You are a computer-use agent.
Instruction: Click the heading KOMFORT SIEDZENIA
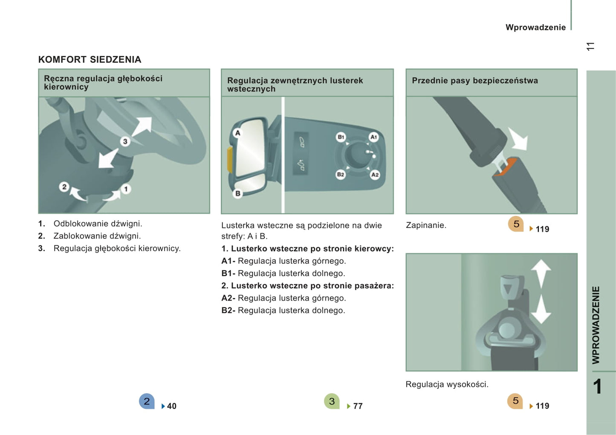click(90, 60)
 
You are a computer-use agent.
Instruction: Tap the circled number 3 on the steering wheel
click(125, 141)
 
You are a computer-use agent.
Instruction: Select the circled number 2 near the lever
click(64, 187)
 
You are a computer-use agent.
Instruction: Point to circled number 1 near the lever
click(126, 189)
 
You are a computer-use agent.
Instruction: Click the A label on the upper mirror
click(238, 133)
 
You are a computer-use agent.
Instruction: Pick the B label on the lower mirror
click(238, 193)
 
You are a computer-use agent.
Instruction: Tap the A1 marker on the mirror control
click(373, 137)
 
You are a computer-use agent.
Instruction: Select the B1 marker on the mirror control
click(341, 137)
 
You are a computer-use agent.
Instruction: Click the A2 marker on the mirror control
click(375, 175)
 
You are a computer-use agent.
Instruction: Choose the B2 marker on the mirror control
click(341, 175)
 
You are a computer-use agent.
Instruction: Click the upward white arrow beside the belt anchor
click(541, 272)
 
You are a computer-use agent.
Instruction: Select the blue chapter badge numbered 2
click(147, 401)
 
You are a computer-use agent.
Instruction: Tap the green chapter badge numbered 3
click(332, 401)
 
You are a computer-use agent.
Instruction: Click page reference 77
click(358, 406)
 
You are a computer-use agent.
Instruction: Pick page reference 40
click(171, 406)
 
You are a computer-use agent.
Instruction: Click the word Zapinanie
click(426, 225)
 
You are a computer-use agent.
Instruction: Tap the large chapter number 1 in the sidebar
click(597, 387)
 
